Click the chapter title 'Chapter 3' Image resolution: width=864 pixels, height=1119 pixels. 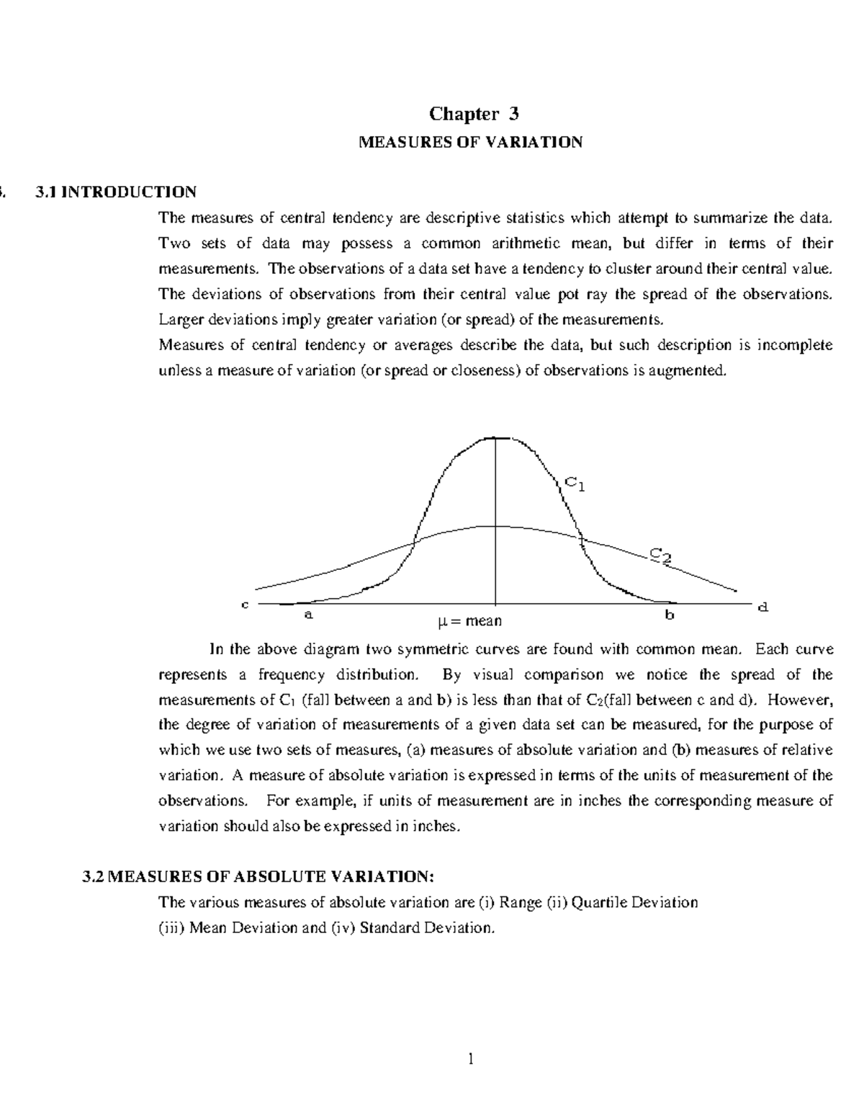[473, 114]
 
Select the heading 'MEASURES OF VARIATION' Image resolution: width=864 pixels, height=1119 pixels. [470, 142]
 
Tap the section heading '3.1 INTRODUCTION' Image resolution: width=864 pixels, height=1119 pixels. [115, 192]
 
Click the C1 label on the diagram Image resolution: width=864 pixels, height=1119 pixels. [574, 483]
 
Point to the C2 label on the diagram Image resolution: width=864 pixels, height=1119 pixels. [661, 555]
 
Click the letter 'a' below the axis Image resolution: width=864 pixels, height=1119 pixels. [308, 615]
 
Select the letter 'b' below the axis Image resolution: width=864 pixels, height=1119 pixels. [670, 615]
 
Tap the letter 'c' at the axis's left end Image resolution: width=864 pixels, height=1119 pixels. [245, 605]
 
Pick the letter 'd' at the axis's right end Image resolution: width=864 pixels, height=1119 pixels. [763, 607]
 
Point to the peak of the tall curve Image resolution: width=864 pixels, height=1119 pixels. [496, 438]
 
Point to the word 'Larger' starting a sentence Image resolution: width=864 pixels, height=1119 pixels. [179, 319]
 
